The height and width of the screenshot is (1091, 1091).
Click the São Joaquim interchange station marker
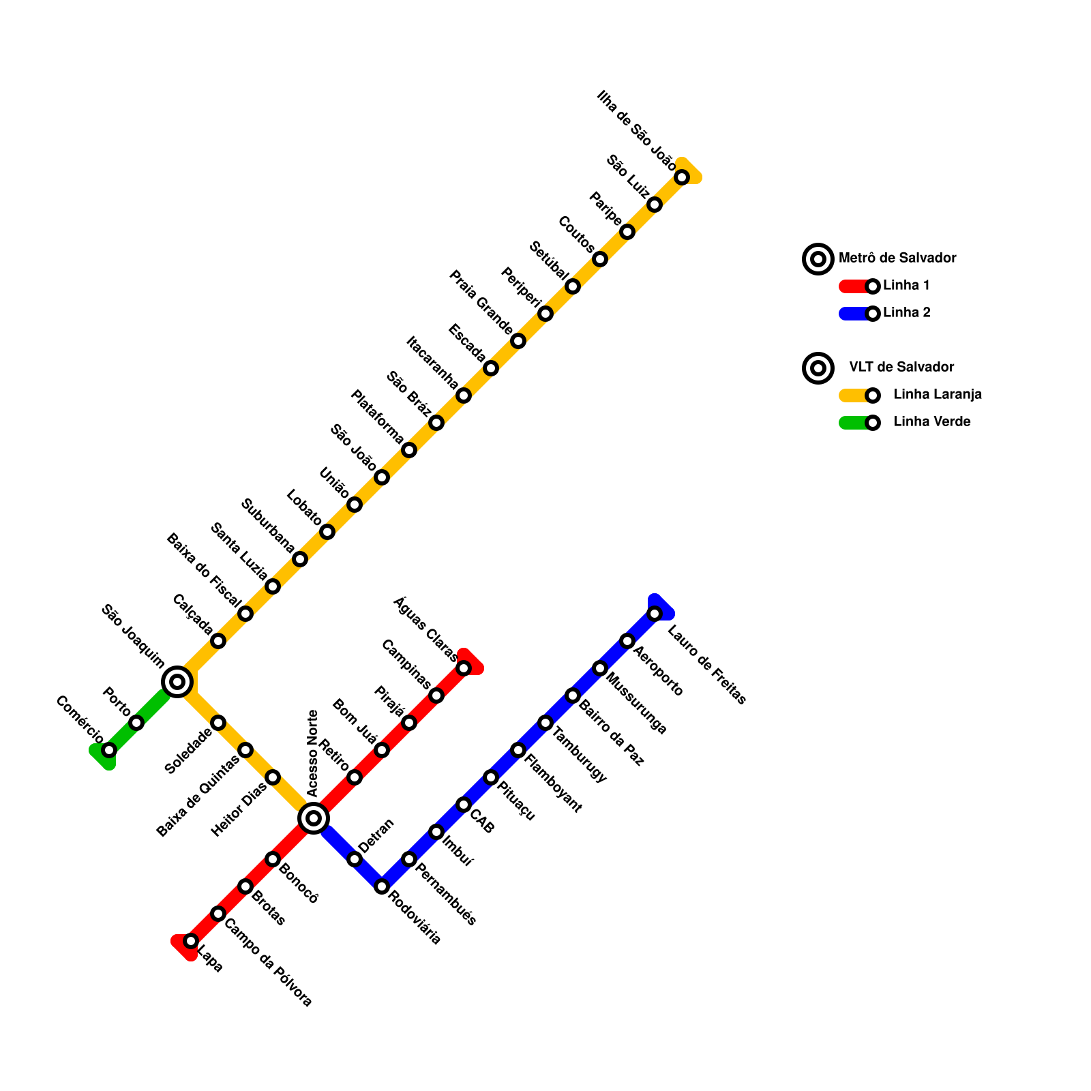point(177,681)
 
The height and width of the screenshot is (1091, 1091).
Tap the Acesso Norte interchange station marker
point(314,818)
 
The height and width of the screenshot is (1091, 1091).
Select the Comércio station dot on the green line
point(109,750)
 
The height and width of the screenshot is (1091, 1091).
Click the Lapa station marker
point(191,941)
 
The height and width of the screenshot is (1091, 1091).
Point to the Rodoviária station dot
point(382,886)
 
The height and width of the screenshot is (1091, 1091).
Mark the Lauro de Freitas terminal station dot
point(655,614)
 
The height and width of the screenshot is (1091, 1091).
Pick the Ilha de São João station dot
point(682,177)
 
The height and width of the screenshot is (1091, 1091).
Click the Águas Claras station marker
point(464,668)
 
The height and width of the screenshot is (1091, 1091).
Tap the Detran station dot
point(355,859)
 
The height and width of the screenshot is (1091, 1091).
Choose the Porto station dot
point(136,723)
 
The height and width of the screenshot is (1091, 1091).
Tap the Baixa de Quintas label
point(198,796)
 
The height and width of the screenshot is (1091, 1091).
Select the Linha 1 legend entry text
point(906,286)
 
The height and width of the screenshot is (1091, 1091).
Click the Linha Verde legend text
point(931,422)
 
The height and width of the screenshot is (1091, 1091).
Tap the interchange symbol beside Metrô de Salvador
point(818,259)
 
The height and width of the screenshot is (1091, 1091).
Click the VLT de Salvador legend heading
point(901,367)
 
